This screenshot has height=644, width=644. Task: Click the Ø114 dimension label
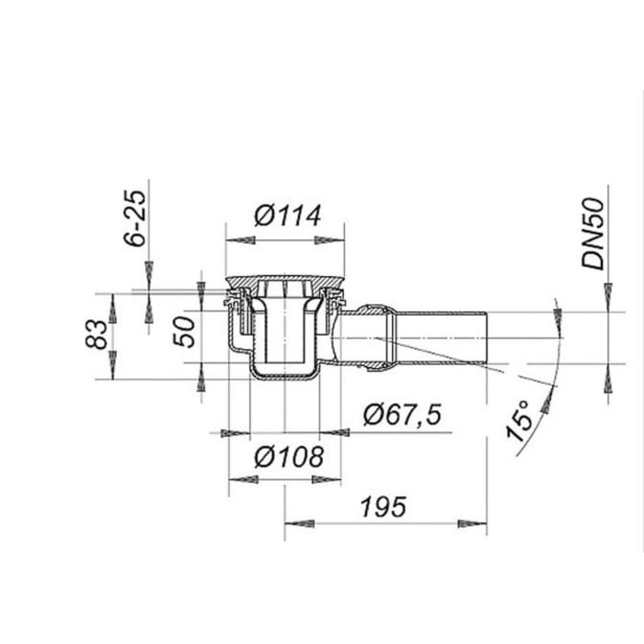tap(287, 215)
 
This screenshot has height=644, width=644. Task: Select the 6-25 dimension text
tap(135, 218)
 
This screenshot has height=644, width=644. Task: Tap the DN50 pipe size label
tap(593, 234)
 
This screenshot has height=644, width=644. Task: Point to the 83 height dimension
tap(97, 334)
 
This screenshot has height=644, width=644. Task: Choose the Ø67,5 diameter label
tap(403, 414)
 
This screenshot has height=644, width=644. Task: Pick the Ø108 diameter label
tap(289, 456)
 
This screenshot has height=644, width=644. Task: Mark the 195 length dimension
tap(384, 507)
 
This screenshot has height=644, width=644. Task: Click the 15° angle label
tap(520, 421)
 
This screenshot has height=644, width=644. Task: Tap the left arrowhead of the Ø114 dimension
tap(241, 240)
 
